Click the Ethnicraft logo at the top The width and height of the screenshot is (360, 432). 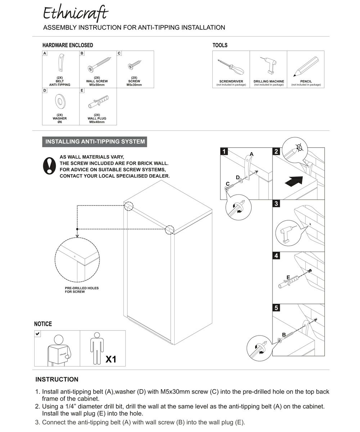75,14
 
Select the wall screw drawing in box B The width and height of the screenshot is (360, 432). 98,65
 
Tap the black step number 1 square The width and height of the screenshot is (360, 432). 224,152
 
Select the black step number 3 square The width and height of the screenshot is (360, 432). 276,204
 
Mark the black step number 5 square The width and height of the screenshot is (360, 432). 276,308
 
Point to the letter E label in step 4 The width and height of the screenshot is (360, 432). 288,277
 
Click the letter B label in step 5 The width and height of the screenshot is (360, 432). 284,335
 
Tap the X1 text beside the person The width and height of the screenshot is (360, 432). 111,359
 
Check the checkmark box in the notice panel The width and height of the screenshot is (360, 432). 38,334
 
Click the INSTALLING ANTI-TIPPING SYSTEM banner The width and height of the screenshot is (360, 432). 95,141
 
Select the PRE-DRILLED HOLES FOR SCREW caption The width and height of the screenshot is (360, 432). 82,290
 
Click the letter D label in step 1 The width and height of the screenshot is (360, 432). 238,177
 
